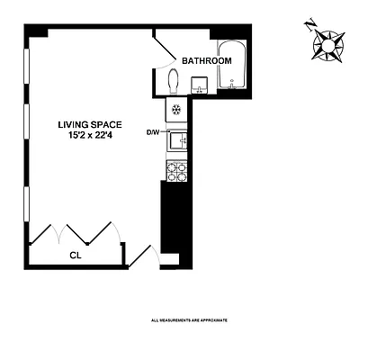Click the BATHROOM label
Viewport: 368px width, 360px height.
coord(206,60)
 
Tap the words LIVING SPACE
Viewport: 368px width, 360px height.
coord(90,125)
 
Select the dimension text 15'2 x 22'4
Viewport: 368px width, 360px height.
coord(90,137)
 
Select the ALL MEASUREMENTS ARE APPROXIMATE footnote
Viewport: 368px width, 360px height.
coord(188,319)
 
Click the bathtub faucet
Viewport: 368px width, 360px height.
coord(233,85)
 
